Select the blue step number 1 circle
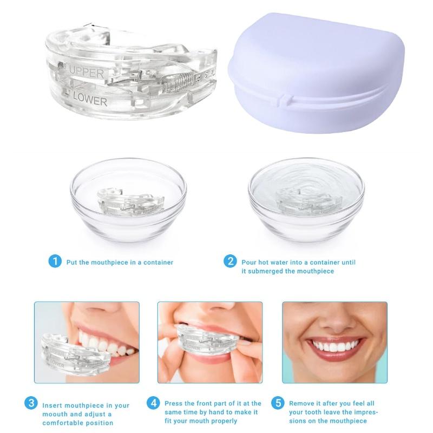pyautogui.click(x=55, y=262)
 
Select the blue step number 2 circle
pyautogui.click(x=230, y=262)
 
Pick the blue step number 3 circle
pyautogui.click(x=31, y=403)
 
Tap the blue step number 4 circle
pyautogui.click(x=154, y=403)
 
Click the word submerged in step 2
pyautogui.click(x=269, y=271)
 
